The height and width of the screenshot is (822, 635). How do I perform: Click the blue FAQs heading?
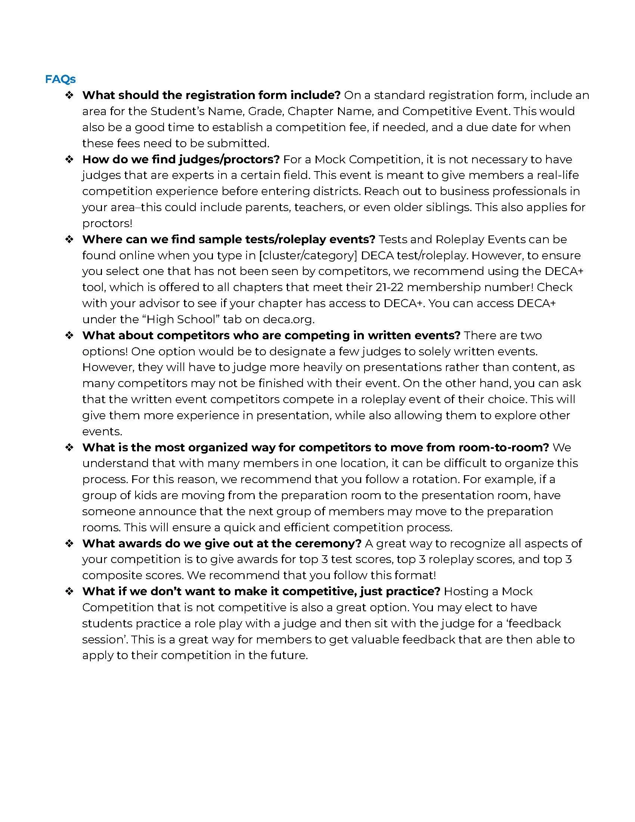(60, 79)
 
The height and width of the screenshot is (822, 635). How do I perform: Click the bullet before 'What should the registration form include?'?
(69, 95)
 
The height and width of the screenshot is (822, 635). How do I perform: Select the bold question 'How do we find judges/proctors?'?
(180, 159)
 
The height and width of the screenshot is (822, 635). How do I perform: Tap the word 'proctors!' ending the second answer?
(107, 223)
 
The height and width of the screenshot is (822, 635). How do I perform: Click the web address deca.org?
(288, 319)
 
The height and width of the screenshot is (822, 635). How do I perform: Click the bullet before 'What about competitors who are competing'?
(69, 336)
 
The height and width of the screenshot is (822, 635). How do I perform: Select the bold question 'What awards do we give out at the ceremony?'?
(222, 543)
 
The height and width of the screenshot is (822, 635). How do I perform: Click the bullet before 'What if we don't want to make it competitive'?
(69, 591)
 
